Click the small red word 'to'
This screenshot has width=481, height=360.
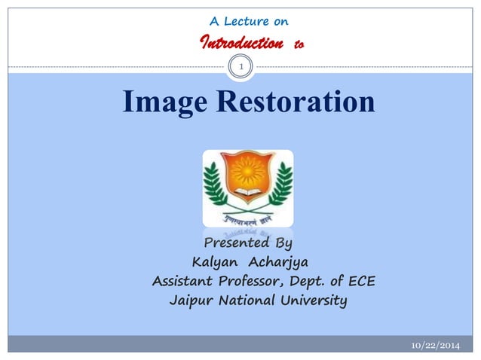coord(299,45)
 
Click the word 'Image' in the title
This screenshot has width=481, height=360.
coord(164,102)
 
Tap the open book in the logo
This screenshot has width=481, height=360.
coord(247,197)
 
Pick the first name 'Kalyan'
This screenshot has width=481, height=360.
coord(215,263)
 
